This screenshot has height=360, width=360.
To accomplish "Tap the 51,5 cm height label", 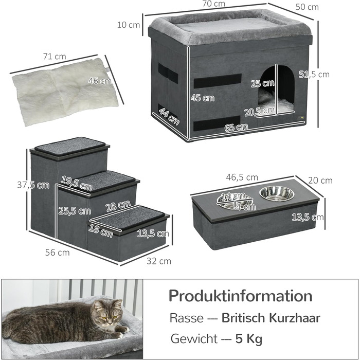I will [x=316, y=75].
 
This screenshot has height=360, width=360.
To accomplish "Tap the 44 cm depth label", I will [x=169, y=116].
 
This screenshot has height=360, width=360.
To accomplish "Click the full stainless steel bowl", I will [x=277, y=194].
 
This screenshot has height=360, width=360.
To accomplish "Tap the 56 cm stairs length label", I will [x=56, y=253].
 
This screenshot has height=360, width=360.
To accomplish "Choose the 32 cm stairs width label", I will [x=158, y=261].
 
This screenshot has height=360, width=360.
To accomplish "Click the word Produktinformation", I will [x=240, y=296].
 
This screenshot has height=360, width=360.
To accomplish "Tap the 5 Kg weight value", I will [x=249, y=339].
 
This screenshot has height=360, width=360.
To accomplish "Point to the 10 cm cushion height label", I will [x=128, y=24].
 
